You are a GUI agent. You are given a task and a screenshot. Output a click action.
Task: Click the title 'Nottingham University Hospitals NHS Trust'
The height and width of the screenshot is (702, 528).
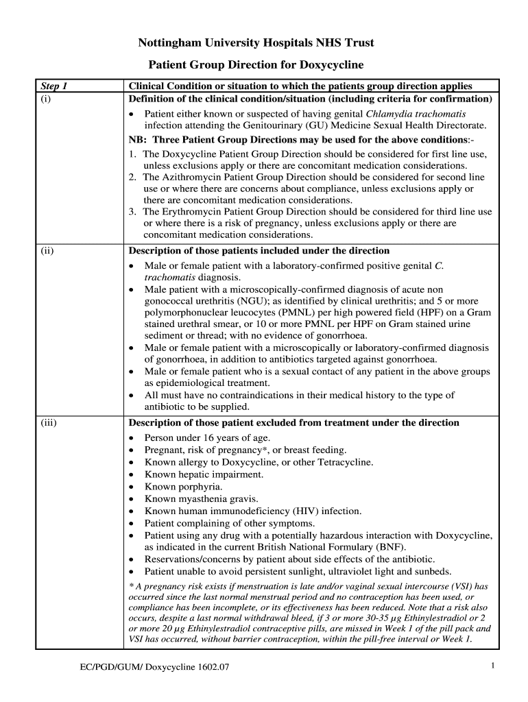coord(256,43)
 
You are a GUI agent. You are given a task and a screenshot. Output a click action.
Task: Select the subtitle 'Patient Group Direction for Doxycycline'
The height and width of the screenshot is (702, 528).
coord(256,65)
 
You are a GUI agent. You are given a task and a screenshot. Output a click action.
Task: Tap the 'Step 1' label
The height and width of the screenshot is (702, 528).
coord(56,86)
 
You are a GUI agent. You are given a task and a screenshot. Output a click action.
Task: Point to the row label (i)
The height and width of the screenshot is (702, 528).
coord(47,99)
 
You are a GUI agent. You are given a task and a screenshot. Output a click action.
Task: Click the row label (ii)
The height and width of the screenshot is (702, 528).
coord(48,250)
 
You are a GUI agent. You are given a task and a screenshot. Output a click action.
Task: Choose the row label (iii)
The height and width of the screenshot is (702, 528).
coord(49,422)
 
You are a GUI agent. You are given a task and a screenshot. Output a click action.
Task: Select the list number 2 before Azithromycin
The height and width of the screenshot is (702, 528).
coord(132,177)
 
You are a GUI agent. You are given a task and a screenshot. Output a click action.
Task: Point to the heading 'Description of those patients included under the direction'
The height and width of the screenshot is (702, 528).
coord(259,250)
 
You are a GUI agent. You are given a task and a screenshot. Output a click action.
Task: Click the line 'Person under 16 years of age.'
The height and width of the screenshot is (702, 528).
coord(208,437)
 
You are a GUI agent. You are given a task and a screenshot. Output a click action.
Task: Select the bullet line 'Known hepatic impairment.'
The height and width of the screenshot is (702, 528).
coord(204,474)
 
